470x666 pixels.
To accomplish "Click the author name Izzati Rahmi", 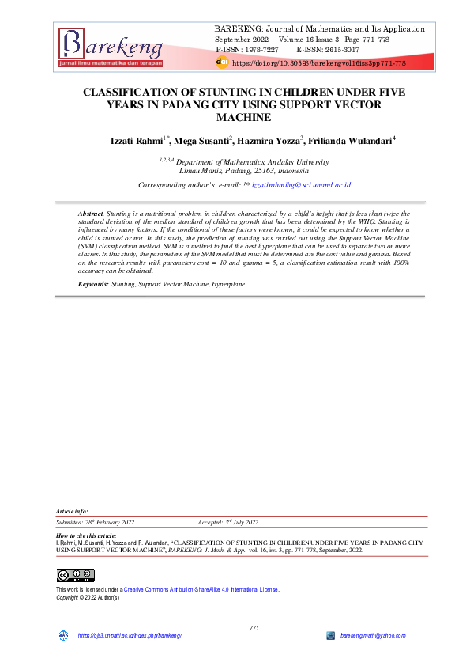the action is [x=137, y=140].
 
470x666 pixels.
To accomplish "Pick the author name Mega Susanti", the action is [x=202, y=140].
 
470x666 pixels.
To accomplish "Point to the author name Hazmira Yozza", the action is [x=269, y=140].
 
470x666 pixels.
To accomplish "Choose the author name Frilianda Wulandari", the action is [x=348, y=140].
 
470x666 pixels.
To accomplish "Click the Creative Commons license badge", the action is [x=75, y=574].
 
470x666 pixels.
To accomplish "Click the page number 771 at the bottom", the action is [x=254, y=627].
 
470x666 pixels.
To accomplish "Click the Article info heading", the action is [x=72, y=511].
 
